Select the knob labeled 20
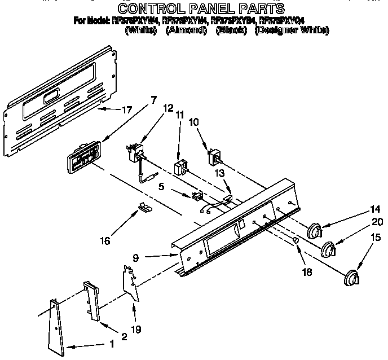328,249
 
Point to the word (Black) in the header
231,30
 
